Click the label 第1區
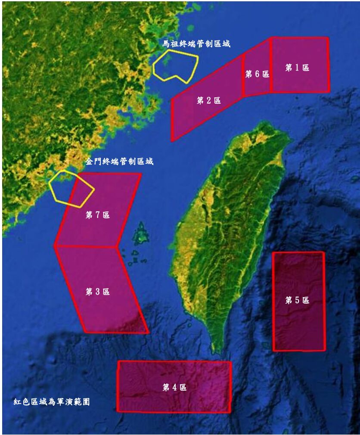point(297,68)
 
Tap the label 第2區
point(209,101)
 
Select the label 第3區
point(98,292)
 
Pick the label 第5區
point(297,300)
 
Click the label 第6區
point(257,74)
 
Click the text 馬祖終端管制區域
point(196,44)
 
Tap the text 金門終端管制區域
point(119,162)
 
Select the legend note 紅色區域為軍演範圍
point(52,401)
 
